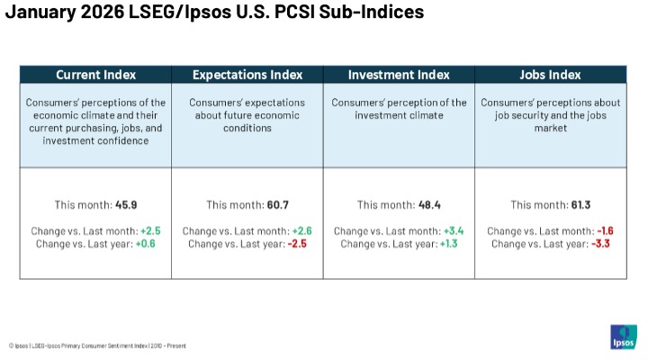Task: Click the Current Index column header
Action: (x=95, y=75)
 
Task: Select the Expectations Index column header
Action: (x=247, y=75)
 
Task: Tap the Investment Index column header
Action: (x=399, y=75)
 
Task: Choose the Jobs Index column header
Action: (x=551, y=75)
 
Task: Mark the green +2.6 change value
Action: (x=303, y=231)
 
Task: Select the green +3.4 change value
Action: (x=454, y=231)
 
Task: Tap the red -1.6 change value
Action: (x=607, y=231)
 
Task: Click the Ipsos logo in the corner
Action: (x=624, y=337)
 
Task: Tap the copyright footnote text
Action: (x=98, y=345)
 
